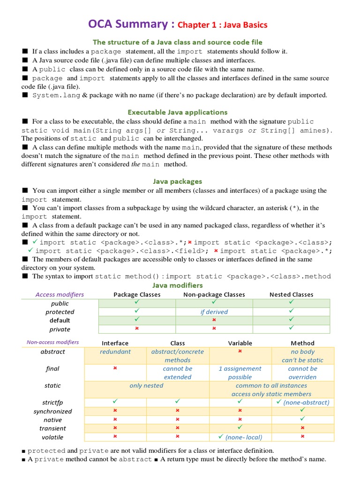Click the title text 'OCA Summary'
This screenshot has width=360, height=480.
tap(128, 24)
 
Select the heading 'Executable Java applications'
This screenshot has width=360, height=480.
tap(178, 112)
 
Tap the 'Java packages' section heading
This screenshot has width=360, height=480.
tap(178, 181)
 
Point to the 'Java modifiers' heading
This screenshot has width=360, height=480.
tap(178, 285)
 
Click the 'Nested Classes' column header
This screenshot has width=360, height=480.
tap(292, 294)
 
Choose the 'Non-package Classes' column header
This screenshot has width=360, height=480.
tap(214, 294)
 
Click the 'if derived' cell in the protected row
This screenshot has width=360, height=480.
tap(214, 312)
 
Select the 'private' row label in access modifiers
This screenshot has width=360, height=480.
tap(60, 329)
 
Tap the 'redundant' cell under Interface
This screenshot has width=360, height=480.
tap(115, 352)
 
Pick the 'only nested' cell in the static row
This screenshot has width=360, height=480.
tap(146, 385)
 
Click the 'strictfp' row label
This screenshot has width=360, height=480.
tap(52, 403)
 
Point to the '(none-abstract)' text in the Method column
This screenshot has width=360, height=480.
tap(306, 403)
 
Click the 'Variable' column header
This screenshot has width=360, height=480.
tap(240, 343)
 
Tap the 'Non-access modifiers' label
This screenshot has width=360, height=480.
tap(52, 342)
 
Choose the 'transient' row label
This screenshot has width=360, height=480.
tap(52, 428)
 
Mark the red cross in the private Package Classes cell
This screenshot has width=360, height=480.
tap(137, 328)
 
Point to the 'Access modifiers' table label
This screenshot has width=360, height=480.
tap(60, 294)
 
